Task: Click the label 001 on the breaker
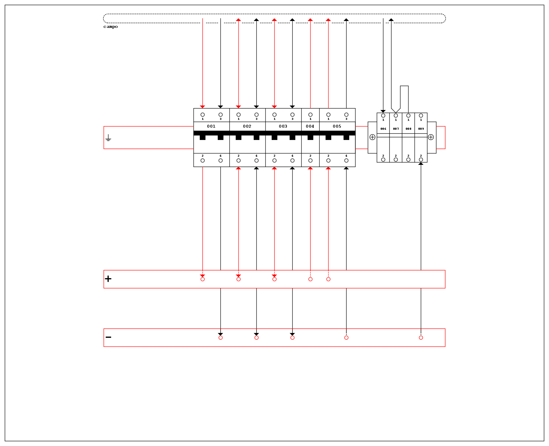coord(211,126)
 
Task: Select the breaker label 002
coord(247,126)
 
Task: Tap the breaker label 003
coord(283,126)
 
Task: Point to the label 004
coord(310,126)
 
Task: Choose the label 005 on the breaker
coord(337,126)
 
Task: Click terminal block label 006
coord(383,129)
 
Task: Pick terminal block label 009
coord(421,129)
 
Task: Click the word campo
coord(111,27)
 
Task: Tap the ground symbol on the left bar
coord(108,138)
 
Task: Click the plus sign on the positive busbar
coord(108,279)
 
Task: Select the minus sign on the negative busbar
coord(108,337)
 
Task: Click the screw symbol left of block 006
coord(372,137)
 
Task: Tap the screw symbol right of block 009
coord(431,137)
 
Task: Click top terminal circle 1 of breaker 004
coord(310,114)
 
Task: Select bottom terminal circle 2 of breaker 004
coord(310,160)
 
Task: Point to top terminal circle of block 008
coord(408,115)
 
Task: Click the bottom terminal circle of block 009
coord(421,159)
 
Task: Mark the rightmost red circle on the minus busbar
coord(421,337)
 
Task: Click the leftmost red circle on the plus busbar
coord(202,279)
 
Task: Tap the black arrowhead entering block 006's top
coord(383,111)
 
